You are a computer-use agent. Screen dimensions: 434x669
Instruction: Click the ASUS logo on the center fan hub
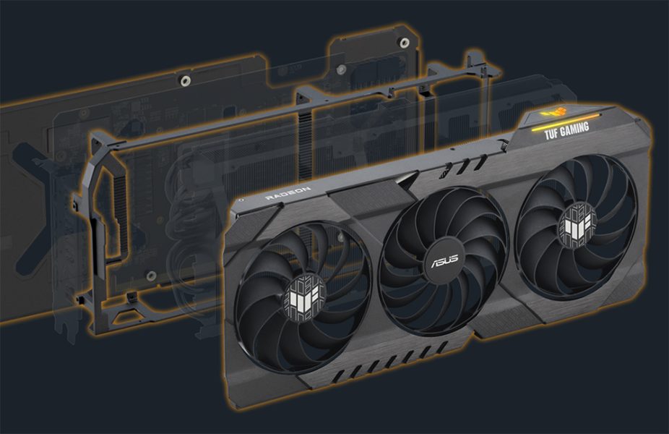(439, 260)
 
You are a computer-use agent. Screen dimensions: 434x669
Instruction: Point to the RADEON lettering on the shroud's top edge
(288, 193)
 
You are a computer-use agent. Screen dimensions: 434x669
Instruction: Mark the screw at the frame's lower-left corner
(134, 297)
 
